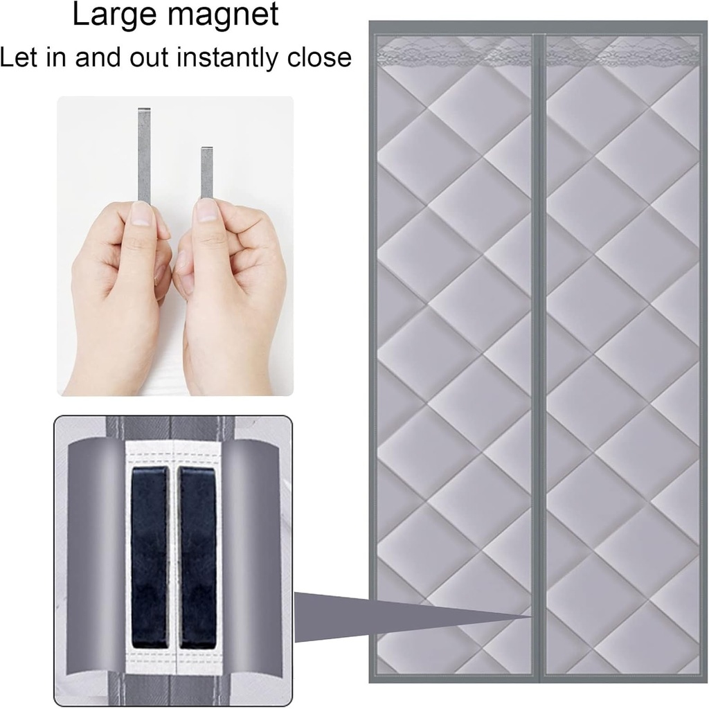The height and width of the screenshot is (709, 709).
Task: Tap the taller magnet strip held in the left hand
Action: click(144, 152)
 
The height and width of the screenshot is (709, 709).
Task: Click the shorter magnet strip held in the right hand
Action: click(206, 172)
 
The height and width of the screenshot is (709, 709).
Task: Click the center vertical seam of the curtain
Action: click(539, 346)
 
